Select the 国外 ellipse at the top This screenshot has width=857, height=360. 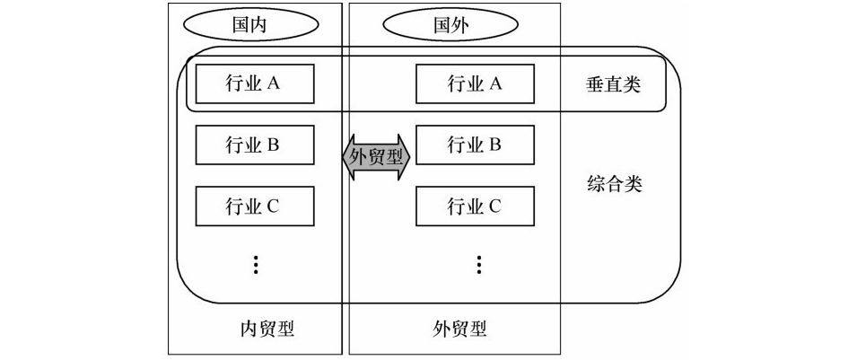coord(439,25)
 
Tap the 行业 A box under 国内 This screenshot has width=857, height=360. coord(255,84)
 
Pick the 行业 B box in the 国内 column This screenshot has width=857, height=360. coord(255,145)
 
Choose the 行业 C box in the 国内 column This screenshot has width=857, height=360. coord(255,206)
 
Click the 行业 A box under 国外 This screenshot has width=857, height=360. coord(475,84)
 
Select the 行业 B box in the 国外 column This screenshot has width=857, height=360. coord(475,145)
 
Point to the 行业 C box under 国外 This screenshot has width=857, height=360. coord(475,206)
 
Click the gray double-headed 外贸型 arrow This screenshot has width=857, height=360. coord(377,158)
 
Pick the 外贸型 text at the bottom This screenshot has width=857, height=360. coord(459,329)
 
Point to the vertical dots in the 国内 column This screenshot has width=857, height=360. coord(256,264)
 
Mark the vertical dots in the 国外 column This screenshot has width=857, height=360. coord(479,264)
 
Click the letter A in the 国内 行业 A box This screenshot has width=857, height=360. coord(275,84)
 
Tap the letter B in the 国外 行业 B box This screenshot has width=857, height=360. coord(494,145)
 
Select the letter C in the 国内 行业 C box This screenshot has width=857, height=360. coord(275,206)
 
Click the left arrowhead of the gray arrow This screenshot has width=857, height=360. coord(349,158)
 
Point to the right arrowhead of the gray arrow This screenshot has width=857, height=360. coord(405,158)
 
